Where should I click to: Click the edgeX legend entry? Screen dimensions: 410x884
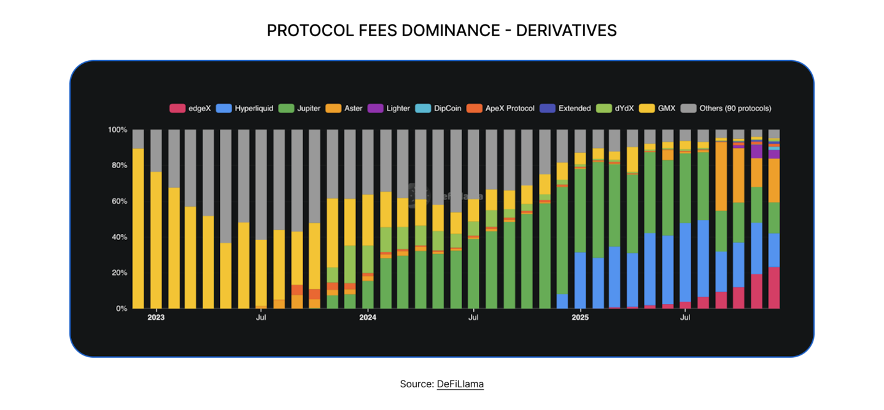(190, 109)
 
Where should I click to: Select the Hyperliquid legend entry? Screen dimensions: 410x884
(244, 109)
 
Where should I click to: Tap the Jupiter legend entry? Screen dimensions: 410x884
(299, 109)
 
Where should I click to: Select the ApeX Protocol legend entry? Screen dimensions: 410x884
(500, 109)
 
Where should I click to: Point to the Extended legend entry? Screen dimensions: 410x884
(565, 109)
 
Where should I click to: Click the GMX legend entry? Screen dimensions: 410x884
(658, 109)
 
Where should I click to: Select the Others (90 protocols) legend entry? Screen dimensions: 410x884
(726, 109)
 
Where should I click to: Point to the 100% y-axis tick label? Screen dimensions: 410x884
(117, 130)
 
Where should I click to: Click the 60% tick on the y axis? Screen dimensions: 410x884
(119, 201)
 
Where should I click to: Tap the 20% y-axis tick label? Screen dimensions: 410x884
(119, 273)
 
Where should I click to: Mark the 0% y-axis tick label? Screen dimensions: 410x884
(121, 309)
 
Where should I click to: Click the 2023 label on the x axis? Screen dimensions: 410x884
(156, 318)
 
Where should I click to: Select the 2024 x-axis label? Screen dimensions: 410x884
(368, 318)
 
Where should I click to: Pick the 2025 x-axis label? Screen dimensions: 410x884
(580, 318)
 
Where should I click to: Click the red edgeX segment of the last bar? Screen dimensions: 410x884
(774, 288)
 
